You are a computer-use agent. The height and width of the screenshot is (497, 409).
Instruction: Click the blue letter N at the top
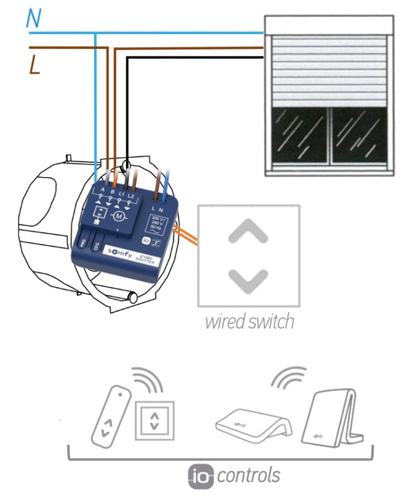coord(34,19)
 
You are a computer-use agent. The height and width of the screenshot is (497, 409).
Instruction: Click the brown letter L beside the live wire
coord(35,66)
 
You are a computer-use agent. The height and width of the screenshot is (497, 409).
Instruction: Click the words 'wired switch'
coord(249,322)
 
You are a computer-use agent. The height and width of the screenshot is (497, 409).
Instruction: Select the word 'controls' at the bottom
coord(248,475)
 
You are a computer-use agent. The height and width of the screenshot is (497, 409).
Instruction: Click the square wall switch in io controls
coord(154,420)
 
